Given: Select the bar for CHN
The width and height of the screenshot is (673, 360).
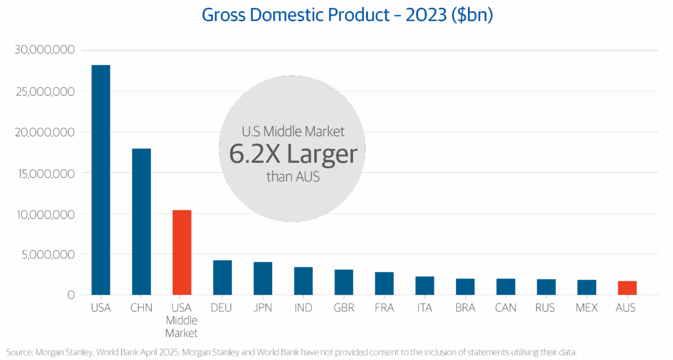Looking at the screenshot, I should (x=141, y=221).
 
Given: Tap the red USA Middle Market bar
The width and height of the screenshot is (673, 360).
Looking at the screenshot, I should (x=182, y=252).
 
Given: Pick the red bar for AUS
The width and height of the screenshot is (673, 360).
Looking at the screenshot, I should (x=628, y=288).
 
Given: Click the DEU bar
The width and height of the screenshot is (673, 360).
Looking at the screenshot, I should (x=223, y=277).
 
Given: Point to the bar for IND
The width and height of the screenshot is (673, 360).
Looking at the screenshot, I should (x=304, y=281).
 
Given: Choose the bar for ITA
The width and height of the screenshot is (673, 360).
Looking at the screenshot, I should (x=425, y=285).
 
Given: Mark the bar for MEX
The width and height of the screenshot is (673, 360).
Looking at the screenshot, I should (x=587, y=287).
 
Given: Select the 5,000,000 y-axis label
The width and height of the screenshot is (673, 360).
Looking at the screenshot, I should (x=47, y=254).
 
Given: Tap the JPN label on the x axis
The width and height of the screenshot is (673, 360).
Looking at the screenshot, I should (x=263, y=307).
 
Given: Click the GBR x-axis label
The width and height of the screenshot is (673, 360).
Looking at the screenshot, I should (x=344, y=307).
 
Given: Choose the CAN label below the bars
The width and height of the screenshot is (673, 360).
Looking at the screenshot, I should (x=506, y=307).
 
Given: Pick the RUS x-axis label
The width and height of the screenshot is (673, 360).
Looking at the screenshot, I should (x=546, y=307).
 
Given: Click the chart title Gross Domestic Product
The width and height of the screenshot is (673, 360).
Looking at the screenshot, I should (x=347, y=15).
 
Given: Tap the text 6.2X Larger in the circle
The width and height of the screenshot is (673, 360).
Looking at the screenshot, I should (x=292, y=154).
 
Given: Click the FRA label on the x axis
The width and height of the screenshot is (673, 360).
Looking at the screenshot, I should (x=384, y=307).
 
